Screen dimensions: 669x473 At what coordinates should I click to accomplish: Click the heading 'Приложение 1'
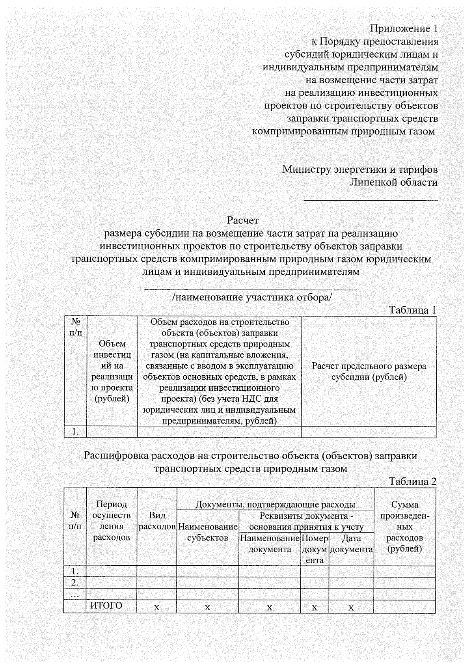[x=404, y=29]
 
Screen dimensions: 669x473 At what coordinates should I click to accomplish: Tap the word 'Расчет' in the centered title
[x=243, y=220]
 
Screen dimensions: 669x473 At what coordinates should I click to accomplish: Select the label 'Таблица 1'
[x=413, y=310]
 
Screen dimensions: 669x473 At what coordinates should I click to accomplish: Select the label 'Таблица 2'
[x=413, y=481]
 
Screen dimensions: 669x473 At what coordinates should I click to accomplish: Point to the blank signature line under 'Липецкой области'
[x=371, y=200]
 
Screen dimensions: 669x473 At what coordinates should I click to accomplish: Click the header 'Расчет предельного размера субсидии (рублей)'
[x=369, y=371]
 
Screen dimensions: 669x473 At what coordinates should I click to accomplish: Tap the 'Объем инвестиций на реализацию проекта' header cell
[x=112, y=371]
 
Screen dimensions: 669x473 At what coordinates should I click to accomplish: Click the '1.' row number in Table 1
[x=75, y=432]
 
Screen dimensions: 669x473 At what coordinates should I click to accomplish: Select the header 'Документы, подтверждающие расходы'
[x=275, y=505]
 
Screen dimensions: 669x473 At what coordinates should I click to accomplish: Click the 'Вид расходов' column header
[x=157, y=521]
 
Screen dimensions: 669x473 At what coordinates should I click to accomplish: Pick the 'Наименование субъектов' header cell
[x=208, y=532]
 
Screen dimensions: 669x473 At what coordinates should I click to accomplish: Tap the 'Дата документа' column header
[x=351, y=544]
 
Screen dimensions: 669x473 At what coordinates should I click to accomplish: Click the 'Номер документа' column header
[x=315, y=549]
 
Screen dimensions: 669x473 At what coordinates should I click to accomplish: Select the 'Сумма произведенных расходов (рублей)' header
[x=405, y=527]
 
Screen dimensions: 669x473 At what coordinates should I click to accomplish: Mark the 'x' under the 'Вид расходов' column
[x=157, y=608]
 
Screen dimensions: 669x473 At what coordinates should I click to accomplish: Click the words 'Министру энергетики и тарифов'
[x=360, y=170]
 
